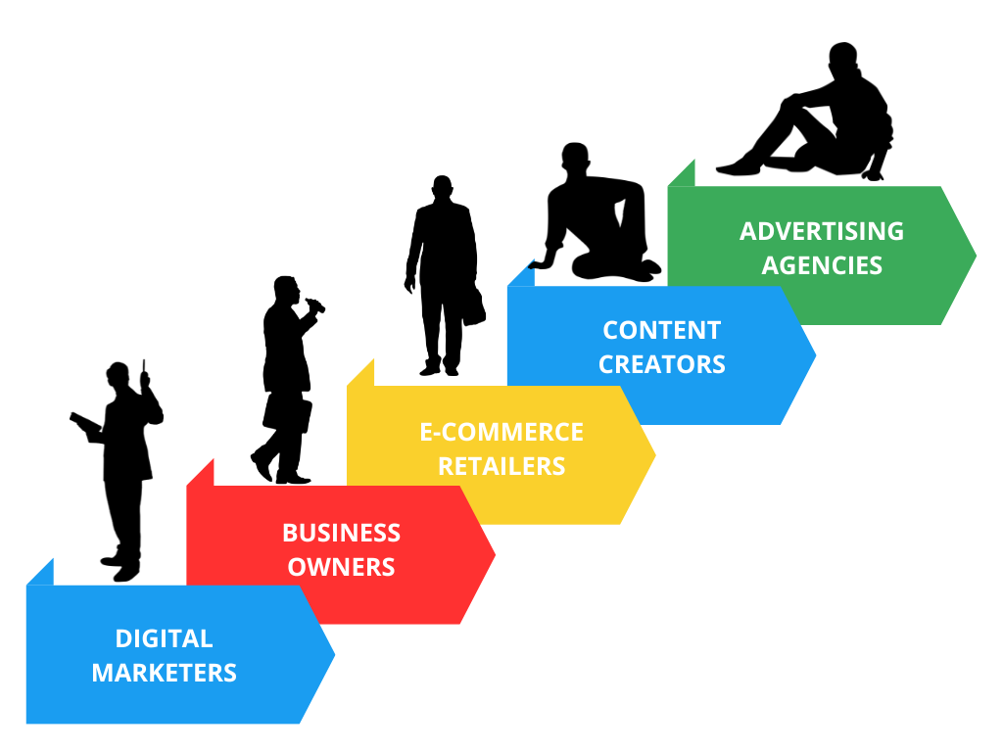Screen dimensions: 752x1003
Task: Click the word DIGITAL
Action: pyautogui.click(x=164, y=638)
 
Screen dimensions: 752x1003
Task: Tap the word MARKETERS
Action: pyautogui.click(x=164, y=673)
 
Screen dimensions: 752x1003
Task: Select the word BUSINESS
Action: pyautogui.click(x=341, y=533)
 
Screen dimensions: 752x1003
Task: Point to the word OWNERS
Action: pyautogui.click(x=341, y=566)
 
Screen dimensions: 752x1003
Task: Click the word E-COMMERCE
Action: pyautogui.click(x=501, y=432)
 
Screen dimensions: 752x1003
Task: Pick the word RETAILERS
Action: pyautogui.click(x=501, y=466)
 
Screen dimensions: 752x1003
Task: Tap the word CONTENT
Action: pyautogui.click(x=661, y=330)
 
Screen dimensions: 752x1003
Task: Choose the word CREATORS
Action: pyautogui.click(x=661, y=364)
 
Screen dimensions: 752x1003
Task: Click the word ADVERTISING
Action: pyautogui.click(x=822, y=231)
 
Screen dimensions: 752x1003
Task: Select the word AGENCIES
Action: pyautogui.click(x=822, y=264)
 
